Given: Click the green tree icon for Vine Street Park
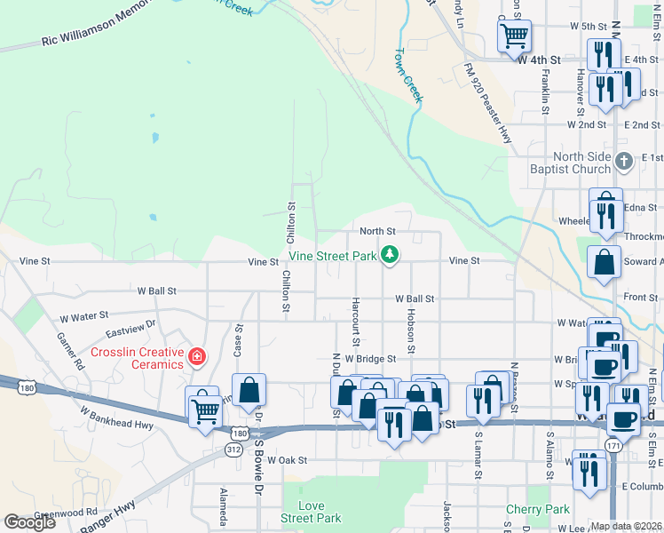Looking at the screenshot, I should (389, 256).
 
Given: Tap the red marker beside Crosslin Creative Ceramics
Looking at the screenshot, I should (196, 357).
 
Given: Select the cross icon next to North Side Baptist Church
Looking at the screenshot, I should (625, 161).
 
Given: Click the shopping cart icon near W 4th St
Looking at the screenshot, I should (514, 36).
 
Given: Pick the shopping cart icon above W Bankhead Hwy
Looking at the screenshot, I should (206, 410).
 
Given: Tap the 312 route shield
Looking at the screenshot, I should (233, 449).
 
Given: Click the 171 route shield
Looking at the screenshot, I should (613, 444).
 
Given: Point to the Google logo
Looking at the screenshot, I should (29, 522).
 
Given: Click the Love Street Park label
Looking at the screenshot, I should (311, 512).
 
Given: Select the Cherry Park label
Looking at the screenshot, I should (537, 509).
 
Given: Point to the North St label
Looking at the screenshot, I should (376, 231).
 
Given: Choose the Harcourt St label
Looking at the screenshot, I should (355, 321).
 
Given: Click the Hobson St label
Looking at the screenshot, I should (411, 330).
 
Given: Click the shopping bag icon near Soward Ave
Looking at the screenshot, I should (605, 263).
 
